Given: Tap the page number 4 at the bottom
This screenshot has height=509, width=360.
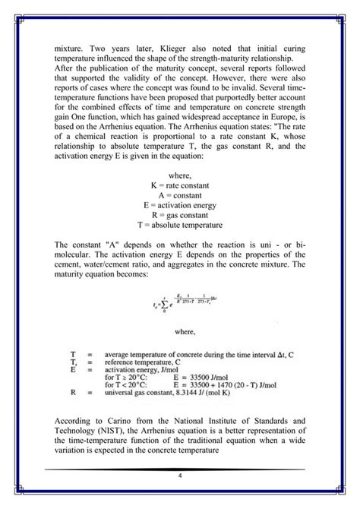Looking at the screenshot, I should pos(180,476).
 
